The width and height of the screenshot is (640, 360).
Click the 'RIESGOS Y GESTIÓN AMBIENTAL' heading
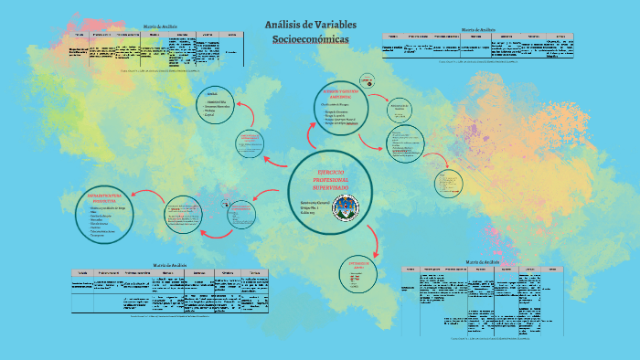344,94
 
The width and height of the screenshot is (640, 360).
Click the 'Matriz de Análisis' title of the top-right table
479,30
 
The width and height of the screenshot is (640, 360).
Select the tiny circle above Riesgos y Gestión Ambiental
367,79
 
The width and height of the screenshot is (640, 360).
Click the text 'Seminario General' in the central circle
316,200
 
